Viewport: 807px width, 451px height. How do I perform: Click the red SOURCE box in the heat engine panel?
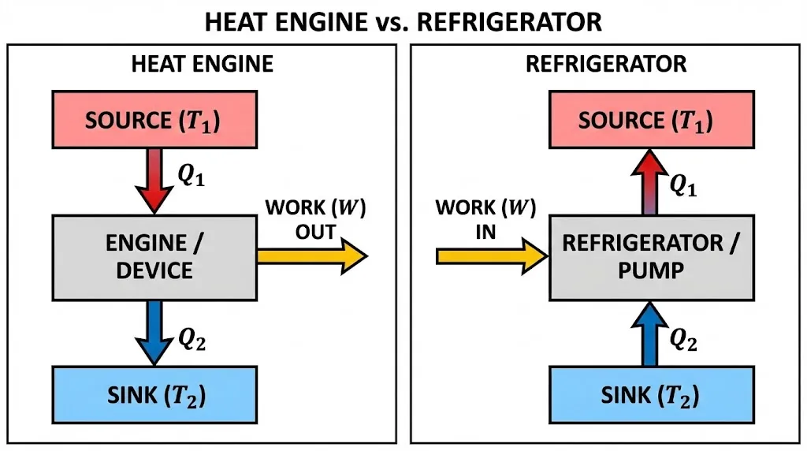(154, 121)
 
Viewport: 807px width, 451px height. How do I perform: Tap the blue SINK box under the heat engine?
(154, 393)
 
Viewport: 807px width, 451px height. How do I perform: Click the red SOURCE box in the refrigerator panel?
(645, 121)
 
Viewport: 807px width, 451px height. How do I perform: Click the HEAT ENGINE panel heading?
(202, 63)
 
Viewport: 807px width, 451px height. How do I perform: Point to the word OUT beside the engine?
(316, 233)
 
